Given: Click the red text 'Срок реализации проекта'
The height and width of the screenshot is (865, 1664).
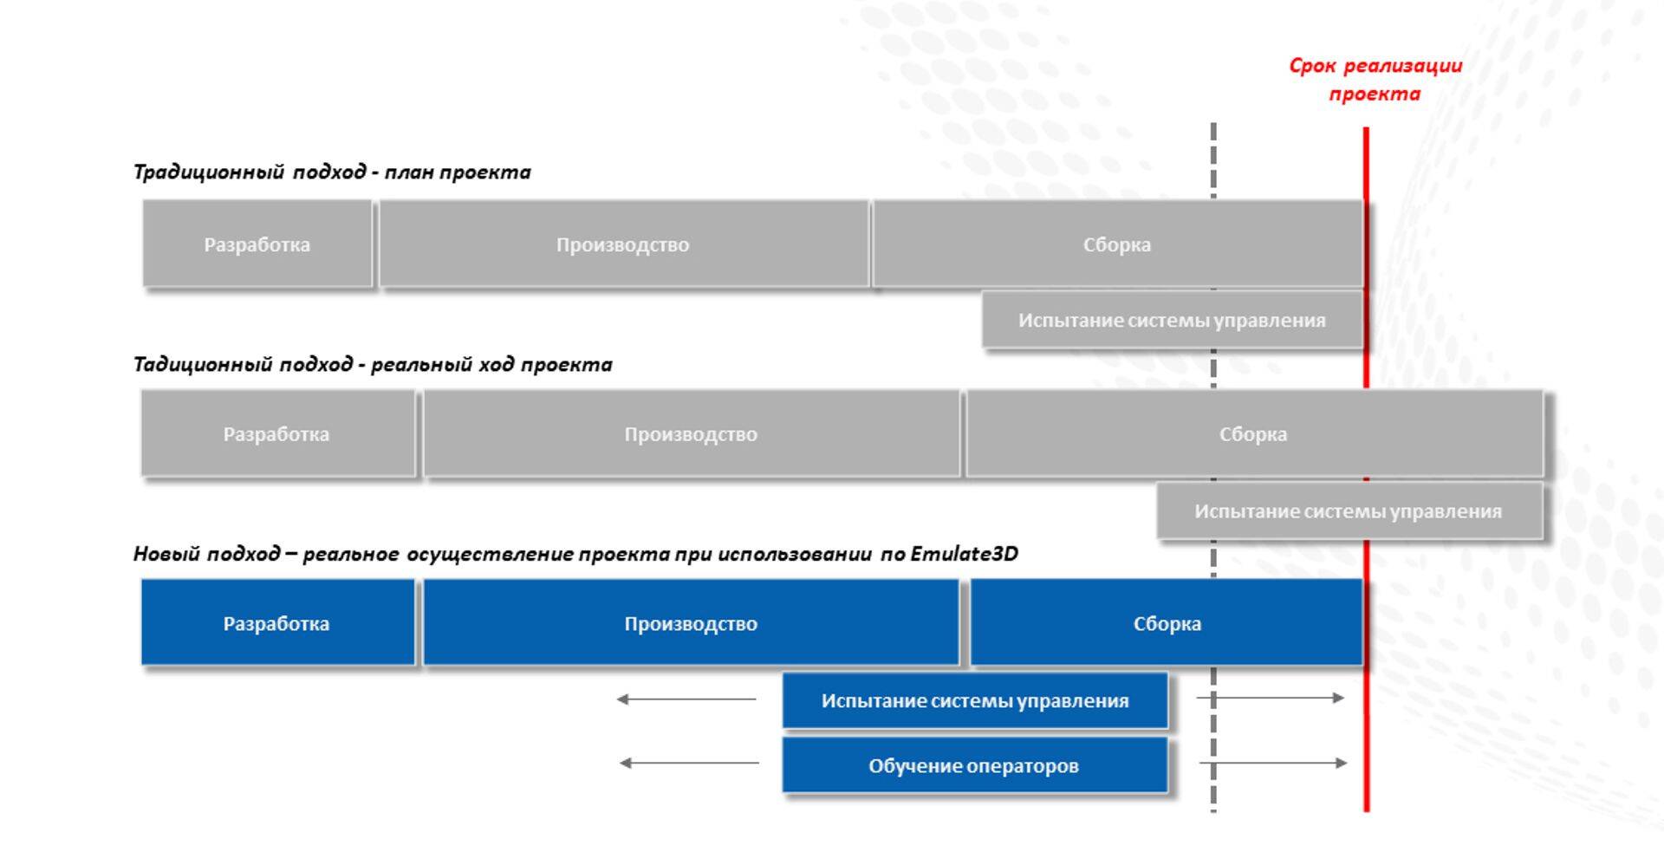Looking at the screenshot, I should click(1375, 80).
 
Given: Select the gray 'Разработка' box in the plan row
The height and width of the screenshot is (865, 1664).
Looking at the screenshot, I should click(257, 244).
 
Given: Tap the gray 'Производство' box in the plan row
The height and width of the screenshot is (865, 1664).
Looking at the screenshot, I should click(623, 244).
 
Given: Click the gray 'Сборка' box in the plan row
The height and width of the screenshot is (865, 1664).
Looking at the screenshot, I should click(1116, 244).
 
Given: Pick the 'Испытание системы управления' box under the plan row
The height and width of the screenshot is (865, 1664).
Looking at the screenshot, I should click(1172, 321).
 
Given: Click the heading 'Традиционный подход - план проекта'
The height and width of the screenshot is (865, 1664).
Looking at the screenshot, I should click(332, 172).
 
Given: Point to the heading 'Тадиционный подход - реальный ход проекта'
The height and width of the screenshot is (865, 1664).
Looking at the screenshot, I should click(373, 365).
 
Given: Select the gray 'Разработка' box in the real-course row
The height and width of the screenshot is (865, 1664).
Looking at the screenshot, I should click(277, 434).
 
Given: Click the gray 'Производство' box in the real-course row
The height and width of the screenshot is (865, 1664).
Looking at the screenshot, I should click(691, 434).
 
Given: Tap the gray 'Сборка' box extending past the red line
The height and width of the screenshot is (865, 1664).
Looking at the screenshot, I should click(1253, 434).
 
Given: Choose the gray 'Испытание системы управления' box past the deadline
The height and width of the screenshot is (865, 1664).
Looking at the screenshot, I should click(1349, 511).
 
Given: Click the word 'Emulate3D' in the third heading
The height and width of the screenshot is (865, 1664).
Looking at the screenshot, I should click(964, 554).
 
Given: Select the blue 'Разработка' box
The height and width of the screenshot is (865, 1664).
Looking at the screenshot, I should click(277, 624).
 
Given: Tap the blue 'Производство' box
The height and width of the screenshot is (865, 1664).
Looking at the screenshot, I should click(691, 624).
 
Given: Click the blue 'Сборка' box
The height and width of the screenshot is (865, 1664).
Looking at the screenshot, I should click(1167, 624).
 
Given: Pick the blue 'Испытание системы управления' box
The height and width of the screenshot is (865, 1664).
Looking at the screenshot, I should click(975, 700).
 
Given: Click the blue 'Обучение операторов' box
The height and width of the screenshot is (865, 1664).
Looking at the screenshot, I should click(974, 766).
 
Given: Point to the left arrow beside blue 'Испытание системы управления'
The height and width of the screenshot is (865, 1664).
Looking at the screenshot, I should click(686, 699).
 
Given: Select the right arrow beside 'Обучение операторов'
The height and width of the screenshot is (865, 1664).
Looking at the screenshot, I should click(1273, 764).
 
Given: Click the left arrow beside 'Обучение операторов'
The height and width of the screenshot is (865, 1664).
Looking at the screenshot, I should click(689, 764).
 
